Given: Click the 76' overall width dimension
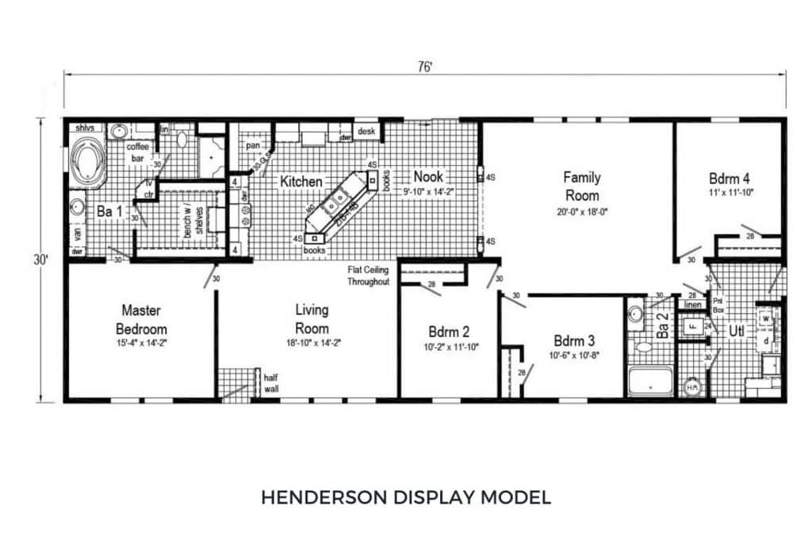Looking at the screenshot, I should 426,67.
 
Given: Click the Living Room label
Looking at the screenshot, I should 312,318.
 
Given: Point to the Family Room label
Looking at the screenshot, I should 581,186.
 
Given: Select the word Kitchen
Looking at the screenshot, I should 301,182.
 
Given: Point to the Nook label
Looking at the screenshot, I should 427,176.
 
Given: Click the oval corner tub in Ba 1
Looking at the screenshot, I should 87,162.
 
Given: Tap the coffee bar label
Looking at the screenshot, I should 138,151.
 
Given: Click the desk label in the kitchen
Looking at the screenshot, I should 366,131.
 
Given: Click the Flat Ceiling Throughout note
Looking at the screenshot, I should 369,276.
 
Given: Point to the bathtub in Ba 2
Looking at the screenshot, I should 650,381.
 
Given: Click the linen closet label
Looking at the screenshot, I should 692,305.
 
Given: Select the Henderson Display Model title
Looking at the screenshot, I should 405,497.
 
